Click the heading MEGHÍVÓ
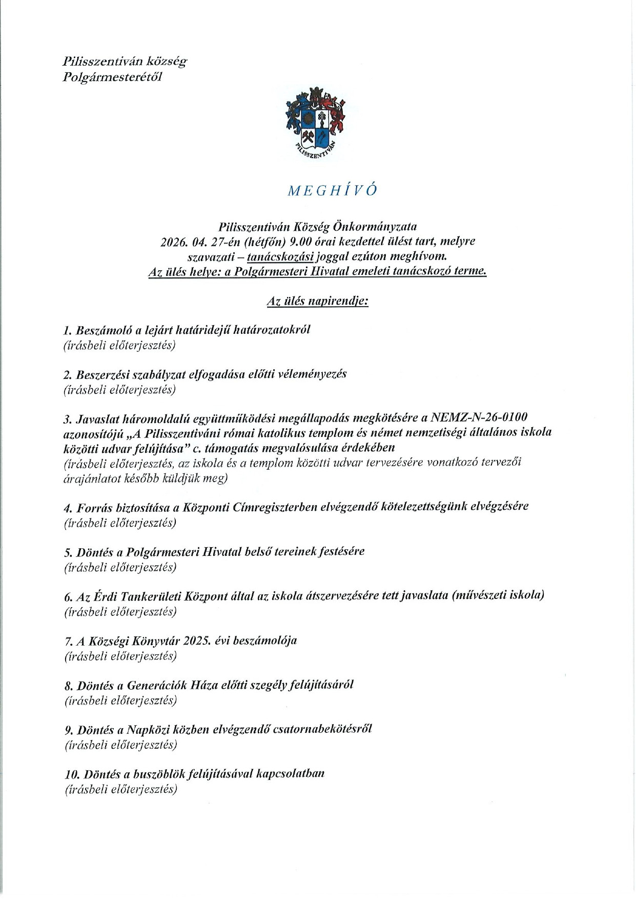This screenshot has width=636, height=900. click(333, 190)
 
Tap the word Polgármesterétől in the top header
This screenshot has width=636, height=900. click(112, 77)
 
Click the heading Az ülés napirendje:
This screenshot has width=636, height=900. click(318, 301)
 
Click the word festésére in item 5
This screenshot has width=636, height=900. click(342, 552)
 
